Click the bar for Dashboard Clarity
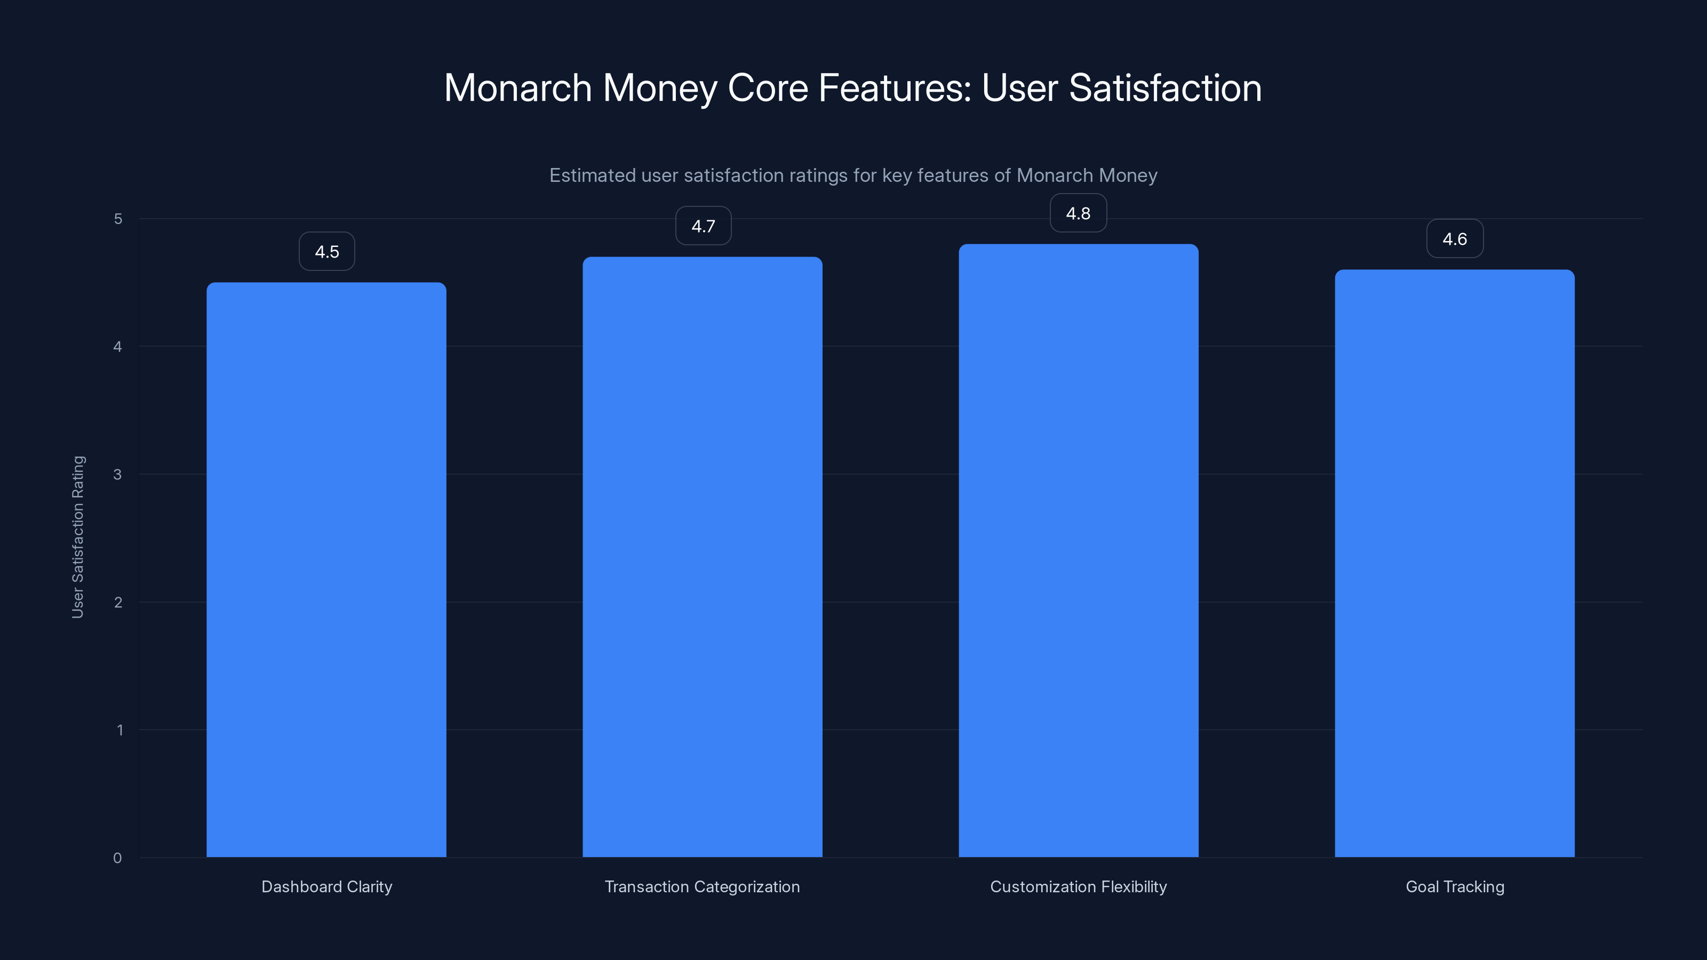326,570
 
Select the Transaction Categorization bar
703,556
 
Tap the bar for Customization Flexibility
1078,550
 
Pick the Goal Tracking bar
1455,563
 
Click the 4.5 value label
326,252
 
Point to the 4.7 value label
703,226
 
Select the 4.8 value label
1078,213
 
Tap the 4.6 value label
1455,239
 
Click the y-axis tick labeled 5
118,219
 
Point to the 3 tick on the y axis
117,474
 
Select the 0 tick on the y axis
117,858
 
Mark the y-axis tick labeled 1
119,730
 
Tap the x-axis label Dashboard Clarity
326,886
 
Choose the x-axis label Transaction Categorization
703,886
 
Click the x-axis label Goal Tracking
1455,886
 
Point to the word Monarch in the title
517,88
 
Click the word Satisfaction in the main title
1165,88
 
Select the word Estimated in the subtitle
592,175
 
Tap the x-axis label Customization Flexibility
1078,886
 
